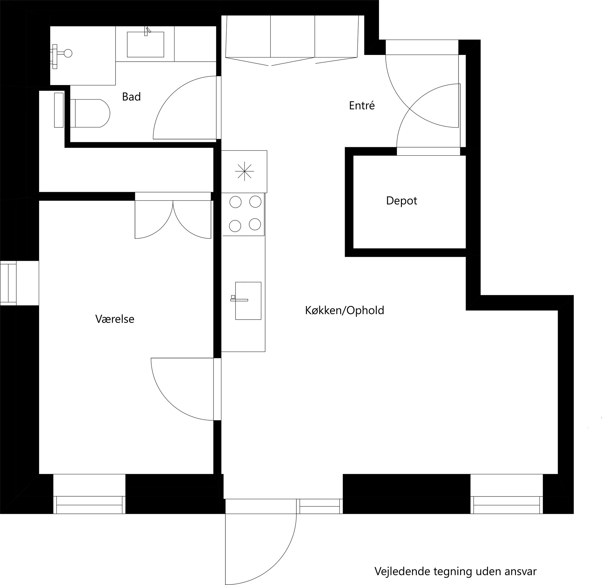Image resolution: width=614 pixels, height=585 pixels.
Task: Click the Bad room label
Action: [131, 97]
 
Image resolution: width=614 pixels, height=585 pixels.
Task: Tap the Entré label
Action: [361, 106]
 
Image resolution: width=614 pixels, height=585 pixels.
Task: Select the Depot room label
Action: [401, 200]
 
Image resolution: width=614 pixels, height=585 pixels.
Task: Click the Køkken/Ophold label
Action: [344, 310]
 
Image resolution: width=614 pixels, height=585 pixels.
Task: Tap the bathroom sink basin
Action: [145, 44]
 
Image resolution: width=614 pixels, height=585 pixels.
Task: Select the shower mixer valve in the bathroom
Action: [68, 54]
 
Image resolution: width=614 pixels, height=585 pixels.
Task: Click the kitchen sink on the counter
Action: [248, 301]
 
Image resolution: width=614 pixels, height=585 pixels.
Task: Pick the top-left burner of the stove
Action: [235, 202]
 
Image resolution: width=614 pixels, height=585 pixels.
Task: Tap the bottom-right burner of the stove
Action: [255, 224]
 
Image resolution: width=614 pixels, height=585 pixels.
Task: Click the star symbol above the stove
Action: [244, 171]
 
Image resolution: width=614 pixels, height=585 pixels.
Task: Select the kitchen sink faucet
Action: [239, 300]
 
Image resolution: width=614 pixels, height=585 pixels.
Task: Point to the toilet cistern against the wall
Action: [59, 110]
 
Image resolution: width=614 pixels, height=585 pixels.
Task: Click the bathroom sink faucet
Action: [147, 31]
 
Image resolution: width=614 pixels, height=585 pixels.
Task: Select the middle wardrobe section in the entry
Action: [292, 37]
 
